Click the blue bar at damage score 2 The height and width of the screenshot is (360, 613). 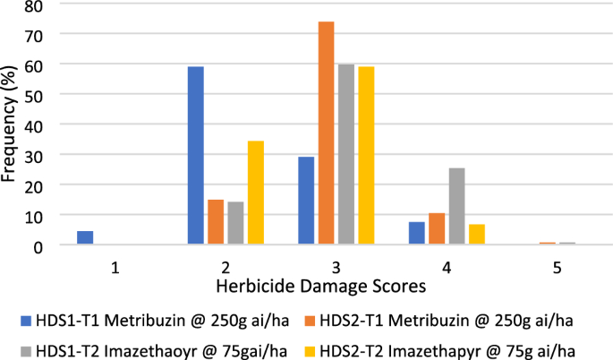click(196, 155)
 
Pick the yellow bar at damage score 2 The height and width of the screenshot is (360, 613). click(257, 192)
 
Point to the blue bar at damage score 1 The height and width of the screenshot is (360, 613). click(85, 237)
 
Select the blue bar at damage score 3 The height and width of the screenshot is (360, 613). click(306, 200)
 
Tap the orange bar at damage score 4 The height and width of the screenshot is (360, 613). click(437, 228)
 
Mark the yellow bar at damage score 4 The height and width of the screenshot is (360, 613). click(477, 234)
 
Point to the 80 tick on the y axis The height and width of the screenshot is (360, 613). click(33, 5)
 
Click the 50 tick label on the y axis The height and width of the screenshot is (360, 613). click(33, 94)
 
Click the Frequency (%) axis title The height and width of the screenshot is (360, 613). click(10, 125)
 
